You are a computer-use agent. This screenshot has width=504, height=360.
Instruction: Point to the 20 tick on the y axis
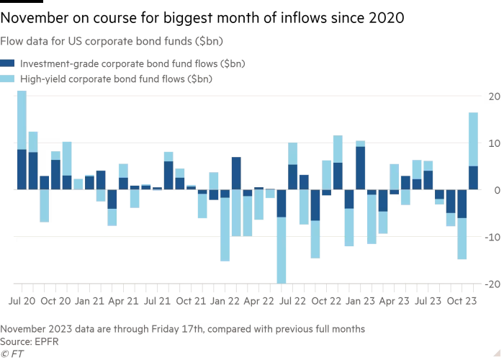(495, 96)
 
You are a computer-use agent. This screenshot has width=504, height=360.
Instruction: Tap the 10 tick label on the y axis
(495, 143)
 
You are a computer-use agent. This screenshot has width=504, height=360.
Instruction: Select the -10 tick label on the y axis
(492, 237)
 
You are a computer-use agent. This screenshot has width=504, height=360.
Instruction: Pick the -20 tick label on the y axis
(492, 284)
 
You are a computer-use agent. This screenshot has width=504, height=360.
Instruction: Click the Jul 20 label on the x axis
(22, 298)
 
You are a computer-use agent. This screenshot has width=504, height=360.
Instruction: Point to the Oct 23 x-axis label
(440, 298)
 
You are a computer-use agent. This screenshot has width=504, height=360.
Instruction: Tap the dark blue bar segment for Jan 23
(360, 168)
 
